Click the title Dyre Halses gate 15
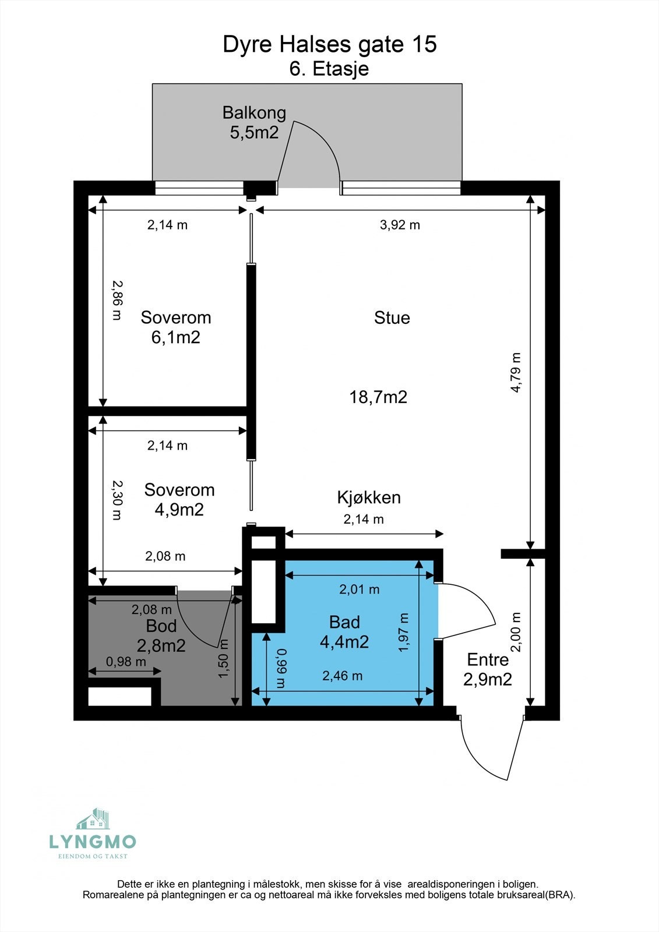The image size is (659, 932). (329, 44)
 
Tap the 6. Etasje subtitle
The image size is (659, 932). (329, 69)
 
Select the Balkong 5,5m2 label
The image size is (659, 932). (254, 122)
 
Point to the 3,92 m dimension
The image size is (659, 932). (400, 225)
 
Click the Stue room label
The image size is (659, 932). (392, 317)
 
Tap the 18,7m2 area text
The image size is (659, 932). (378, 397)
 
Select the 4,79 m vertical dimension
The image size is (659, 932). (516, 373)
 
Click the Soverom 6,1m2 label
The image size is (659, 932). (175, 327)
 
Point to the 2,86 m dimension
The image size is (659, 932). (117, 300)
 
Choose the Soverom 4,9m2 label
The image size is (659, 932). (179, 500)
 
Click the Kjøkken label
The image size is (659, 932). (368, 497)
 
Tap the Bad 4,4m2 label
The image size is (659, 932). (344, 632)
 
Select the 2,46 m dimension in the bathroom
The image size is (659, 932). (342, 676)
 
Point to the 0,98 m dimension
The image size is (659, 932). (126, 662)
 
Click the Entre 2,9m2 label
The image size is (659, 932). (488, 669)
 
